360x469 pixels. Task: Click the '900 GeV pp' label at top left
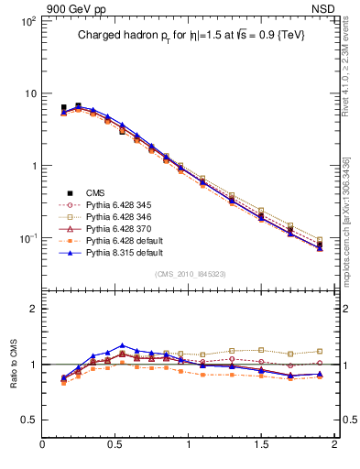[x=75, y=9]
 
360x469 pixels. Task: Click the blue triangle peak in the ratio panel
[x=122, y=346]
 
